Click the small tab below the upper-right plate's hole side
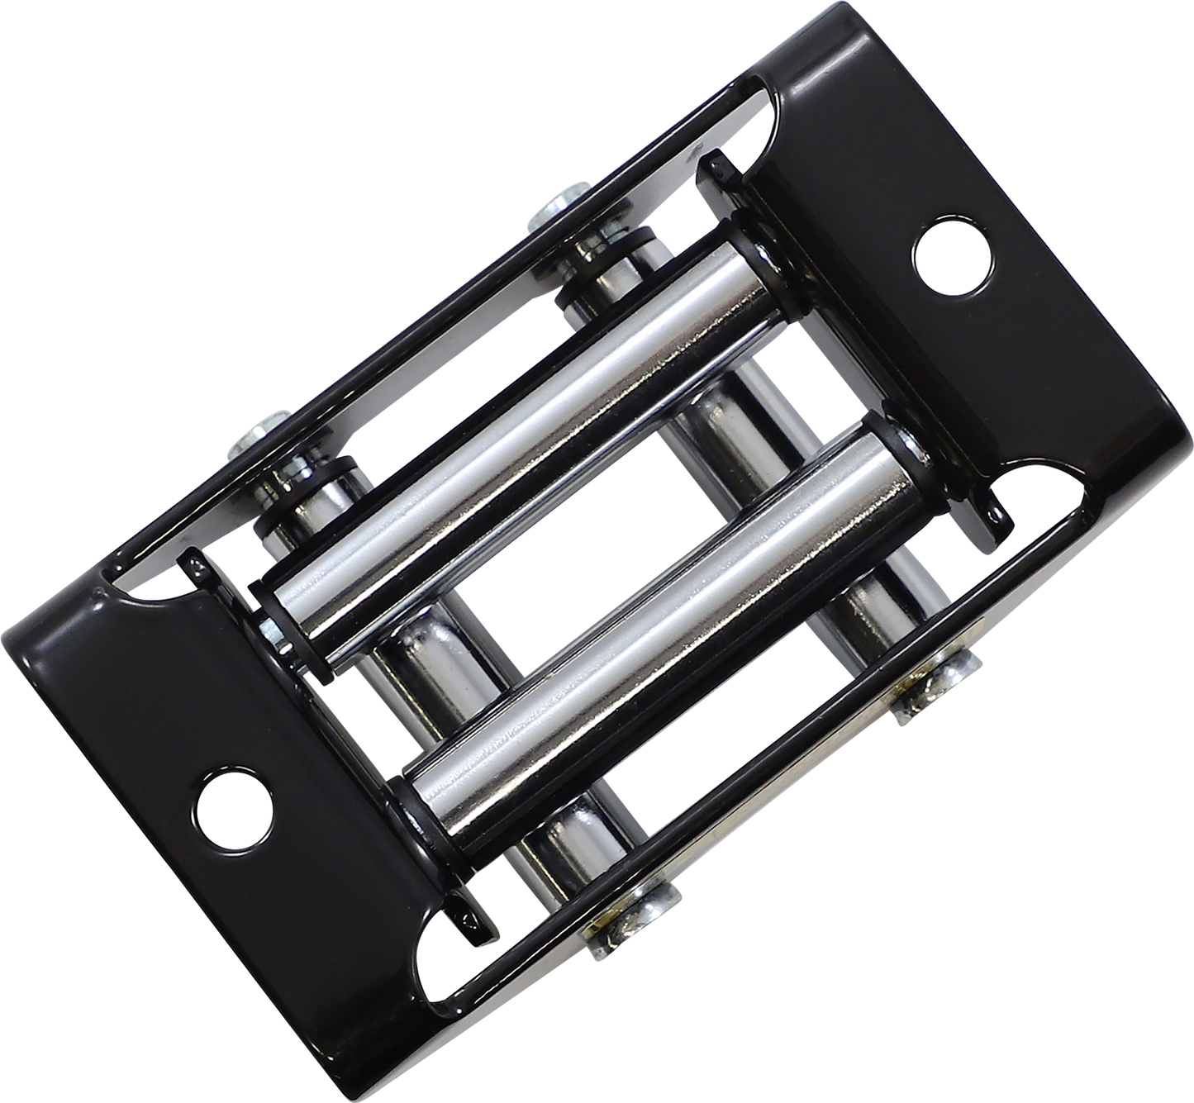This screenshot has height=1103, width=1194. coord(996,516)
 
